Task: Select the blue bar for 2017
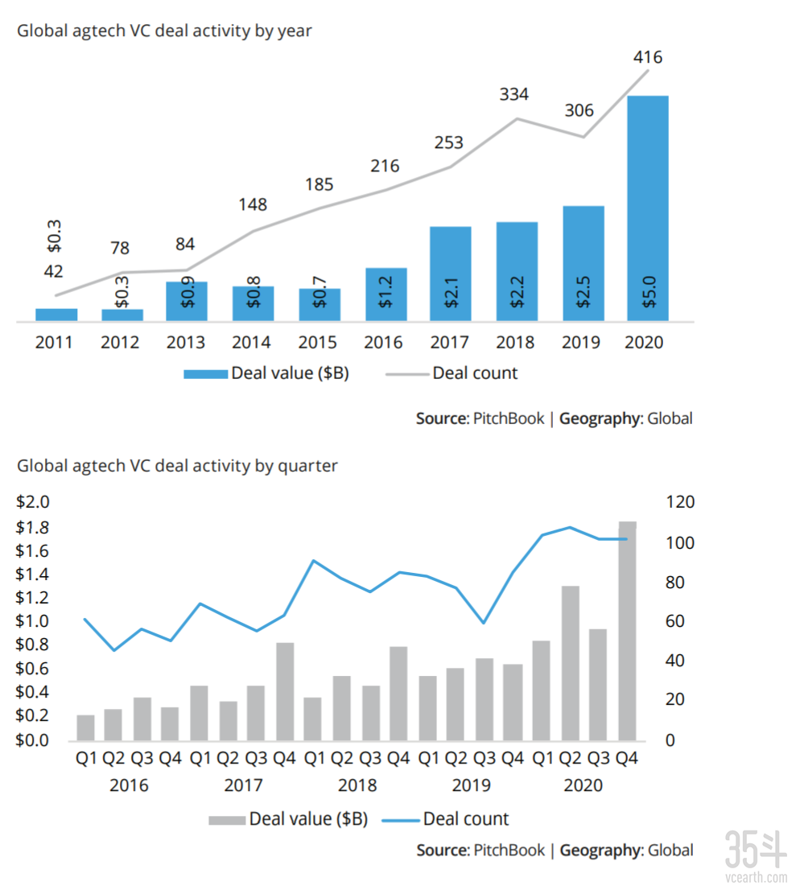coord(450,274)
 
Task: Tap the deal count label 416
coord(647,58)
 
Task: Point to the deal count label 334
coord(513,94)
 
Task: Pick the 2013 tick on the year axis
coord(186,343)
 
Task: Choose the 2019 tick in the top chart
coord(581,343)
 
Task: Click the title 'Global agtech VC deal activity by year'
coord(164,31)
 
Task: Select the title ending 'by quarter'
coord(177,465)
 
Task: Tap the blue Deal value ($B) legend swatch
coord(205,373)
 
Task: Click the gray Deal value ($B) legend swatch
coord(227,820)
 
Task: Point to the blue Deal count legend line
coord(396,820)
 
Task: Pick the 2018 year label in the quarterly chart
coord(357,785)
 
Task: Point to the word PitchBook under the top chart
coord(509,418)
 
